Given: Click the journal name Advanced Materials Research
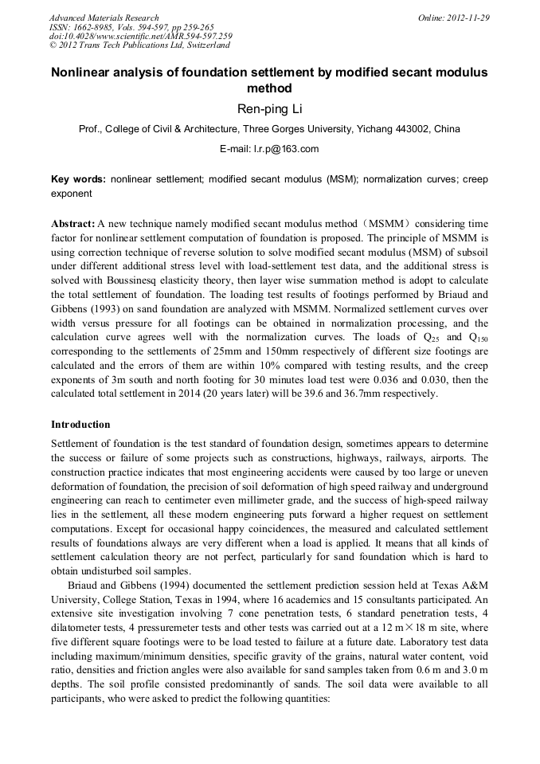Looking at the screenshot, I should point(104,18).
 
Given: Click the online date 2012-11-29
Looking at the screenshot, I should point(465,18).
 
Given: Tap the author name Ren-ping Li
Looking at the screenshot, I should point(269,109).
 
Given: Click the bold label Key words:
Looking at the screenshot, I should point(77,179).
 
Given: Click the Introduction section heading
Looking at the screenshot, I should point(80,425).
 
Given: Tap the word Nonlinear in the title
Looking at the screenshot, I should point(83,72).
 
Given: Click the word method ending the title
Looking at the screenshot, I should point(269,88).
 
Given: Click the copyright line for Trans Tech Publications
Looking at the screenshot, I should point(139,46).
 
